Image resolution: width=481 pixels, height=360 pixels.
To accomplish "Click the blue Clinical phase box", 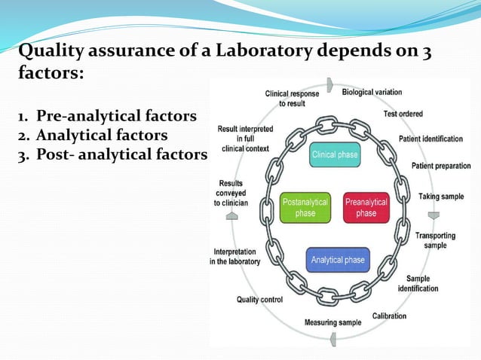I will (335, 156).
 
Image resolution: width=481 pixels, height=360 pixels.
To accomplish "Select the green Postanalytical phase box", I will (305, 208).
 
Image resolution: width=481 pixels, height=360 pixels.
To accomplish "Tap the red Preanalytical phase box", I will (366, 208).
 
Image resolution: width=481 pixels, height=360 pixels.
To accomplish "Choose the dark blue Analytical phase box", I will (337, 261).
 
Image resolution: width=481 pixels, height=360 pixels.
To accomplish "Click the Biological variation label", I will (372, 93).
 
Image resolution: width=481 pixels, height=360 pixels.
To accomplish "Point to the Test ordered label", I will (403, 114).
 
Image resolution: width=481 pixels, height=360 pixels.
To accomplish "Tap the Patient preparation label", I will (441, 166).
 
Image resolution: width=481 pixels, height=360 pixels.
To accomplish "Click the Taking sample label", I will (441, 197).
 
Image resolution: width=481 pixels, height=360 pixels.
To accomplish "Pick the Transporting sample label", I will (435, 240).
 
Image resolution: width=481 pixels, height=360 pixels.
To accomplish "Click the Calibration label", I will (390, 316).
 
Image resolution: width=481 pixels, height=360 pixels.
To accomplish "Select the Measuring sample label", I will (332, 323).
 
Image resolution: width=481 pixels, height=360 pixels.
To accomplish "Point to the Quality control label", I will (259, 300).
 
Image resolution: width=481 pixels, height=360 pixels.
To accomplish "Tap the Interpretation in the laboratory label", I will (236, 257).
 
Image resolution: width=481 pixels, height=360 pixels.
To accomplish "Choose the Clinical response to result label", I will (292, 99).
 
